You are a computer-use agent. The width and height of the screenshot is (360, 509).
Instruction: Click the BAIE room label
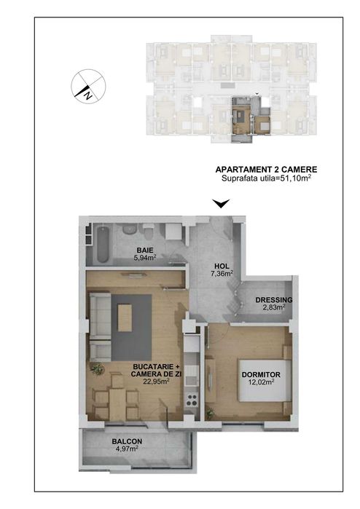(145, 250)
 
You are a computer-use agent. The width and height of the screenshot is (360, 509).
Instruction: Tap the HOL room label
(222, 267)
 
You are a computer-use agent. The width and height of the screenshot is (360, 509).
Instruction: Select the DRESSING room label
(274, 300)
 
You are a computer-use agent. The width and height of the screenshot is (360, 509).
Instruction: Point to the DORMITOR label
(261, 374)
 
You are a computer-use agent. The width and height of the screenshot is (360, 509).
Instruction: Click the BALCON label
(127, 441)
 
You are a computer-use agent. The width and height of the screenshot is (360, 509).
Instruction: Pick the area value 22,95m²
(156, 381)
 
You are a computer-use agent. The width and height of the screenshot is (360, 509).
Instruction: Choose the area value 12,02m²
(261, 382)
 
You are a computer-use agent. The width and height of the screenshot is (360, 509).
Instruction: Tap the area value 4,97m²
(127, 449)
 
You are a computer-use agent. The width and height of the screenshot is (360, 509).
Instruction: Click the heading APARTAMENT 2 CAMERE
(266, 170)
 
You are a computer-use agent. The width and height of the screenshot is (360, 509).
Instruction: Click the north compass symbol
(88, 87)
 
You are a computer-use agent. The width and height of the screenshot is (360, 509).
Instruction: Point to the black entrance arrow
(222, 204)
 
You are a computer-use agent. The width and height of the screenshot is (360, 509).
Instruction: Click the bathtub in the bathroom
(102, 245)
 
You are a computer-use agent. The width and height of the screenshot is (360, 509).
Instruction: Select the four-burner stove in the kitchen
(192, 400)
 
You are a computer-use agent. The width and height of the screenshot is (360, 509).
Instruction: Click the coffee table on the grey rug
(125, 317)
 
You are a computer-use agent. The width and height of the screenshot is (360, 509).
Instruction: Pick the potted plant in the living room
(97, 369)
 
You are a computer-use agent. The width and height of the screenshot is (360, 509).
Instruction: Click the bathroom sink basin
(129, 229)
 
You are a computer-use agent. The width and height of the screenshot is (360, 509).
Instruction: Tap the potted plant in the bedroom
(210, 413)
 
